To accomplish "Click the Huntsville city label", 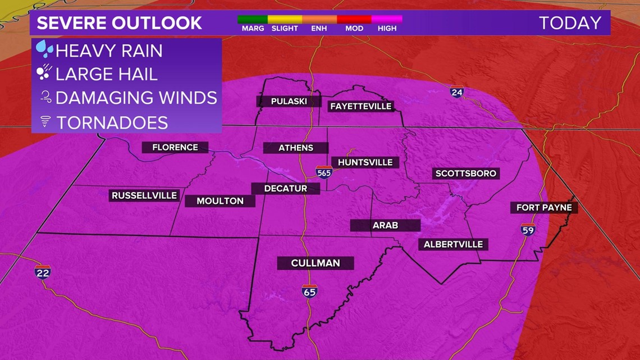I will tap(365, 162).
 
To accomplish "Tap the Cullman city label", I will tap(316, 263).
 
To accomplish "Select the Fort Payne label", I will tap(544, 207).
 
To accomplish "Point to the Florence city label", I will tap(175, 147).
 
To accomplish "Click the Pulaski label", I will tap(289, 101).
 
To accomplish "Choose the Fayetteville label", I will tap(360, 106).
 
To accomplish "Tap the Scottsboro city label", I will tap(466, 173).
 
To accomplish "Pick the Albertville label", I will tap(453, 244).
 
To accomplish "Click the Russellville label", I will tap(144, 195).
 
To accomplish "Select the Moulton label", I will tap(220, 200).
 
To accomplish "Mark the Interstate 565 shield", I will tap(324, 172).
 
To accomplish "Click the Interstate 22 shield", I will tap(43, 272).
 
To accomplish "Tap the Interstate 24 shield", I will tap(457, 92).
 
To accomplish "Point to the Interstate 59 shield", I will tap(528, 229).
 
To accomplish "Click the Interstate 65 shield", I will tap(309, 291).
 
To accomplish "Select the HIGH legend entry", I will tap(387, 24).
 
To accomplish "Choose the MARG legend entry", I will tap(253, 24).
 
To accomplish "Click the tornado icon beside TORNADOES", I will tap(45, 122).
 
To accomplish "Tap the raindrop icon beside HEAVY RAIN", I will tap(44, 49).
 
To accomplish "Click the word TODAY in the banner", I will tap(570, 23).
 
